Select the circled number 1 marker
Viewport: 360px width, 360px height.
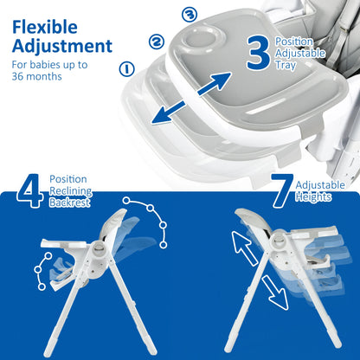point(127,67)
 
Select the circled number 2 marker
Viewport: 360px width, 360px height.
point(157,40)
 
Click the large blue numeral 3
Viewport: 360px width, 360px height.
point(257,52)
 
